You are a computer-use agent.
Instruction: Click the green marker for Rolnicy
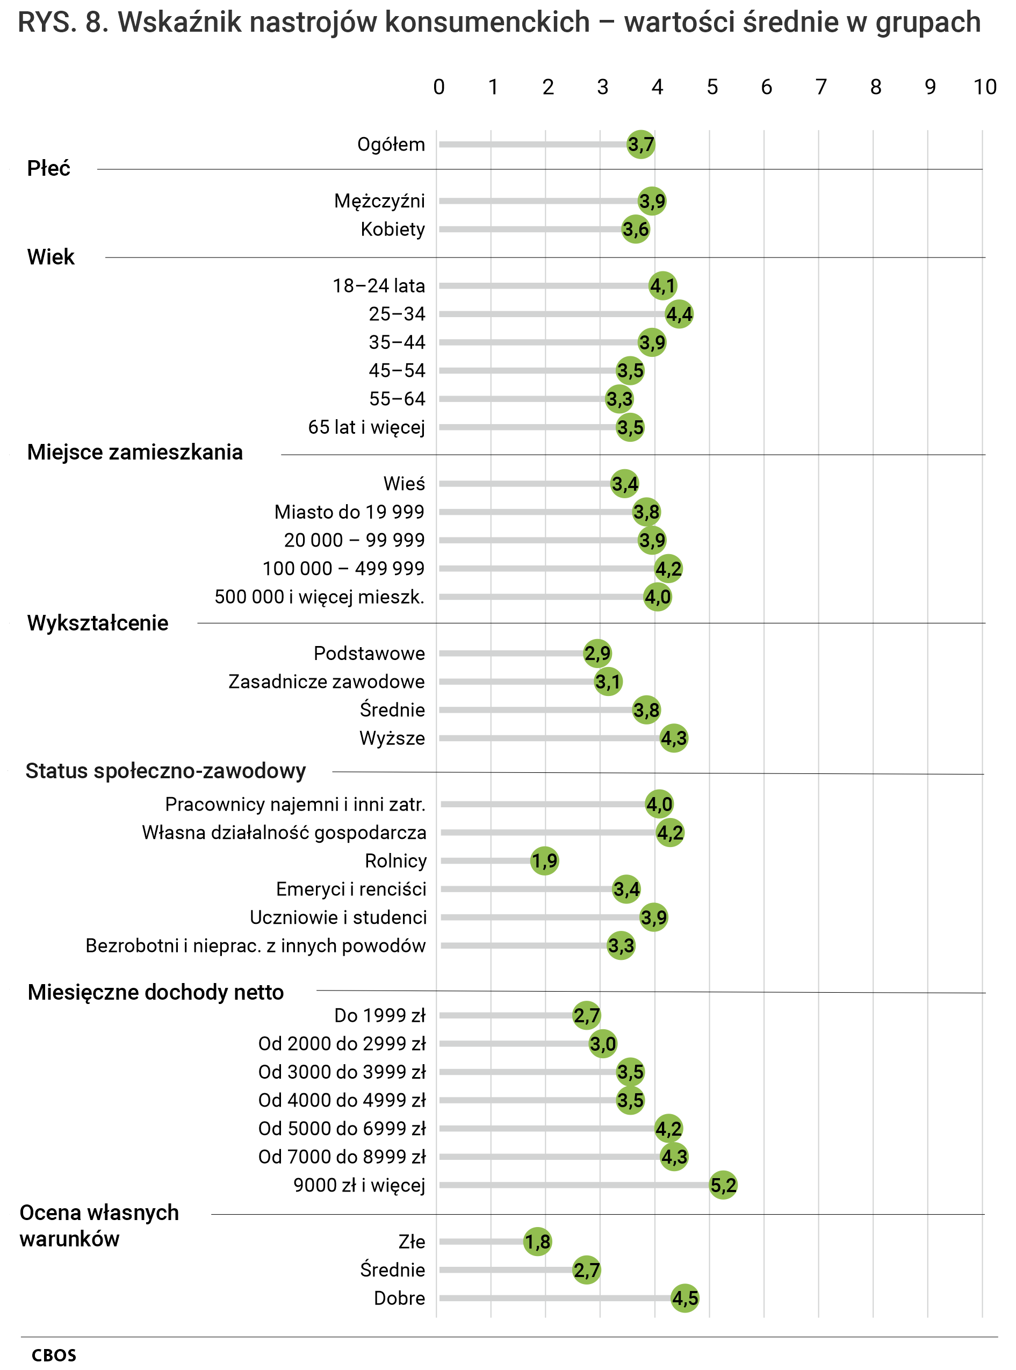(544, 860)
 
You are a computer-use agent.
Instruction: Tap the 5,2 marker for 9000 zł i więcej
(723, 1184)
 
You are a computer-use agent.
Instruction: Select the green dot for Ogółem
(641, 145)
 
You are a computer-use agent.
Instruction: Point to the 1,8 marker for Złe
(537, 1241)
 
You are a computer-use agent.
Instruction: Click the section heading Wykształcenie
(98, 622)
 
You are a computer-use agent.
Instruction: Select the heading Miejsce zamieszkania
(135, 451)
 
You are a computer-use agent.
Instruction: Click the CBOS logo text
(54, 1355)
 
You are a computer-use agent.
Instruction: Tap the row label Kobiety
(392, 229)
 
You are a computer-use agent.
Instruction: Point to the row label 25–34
(397, 314)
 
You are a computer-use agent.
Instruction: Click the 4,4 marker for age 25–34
(679, 314)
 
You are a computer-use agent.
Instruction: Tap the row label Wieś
(404, 484)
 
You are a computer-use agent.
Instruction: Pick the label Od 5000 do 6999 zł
(342, 1128)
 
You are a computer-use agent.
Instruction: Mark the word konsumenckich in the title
(488, 22)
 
